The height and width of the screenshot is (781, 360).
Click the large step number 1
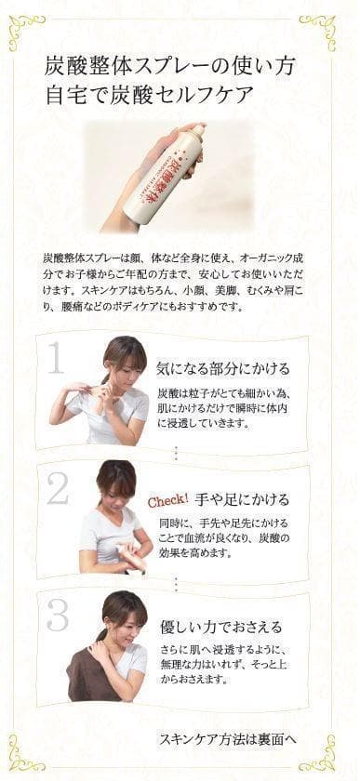[x=57, y=357]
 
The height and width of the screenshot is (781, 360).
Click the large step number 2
[x=58, y=489]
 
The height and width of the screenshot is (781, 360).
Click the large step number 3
[x=58, y=615]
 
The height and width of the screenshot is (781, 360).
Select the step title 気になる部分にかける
[x=222, y=368]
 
